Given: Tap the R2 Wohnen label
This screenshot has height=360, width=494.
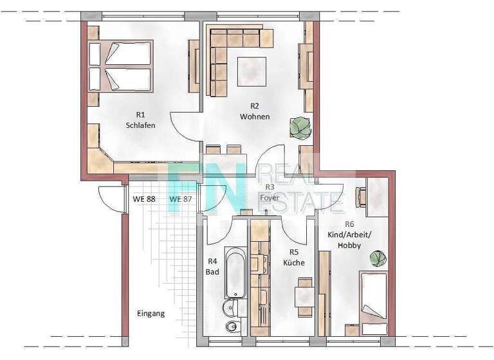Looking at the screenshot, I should point(254,111).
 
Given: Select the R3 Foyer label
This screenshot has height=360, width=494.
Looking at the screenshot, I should point(269,193).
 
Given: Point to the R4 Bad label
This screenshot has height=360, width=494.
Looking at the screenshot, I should point(213,267).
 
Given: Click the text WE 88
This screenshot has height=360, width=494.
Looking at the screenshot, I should point(144,199).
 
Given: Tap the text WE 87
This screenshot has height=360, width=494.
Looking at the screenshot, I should point(181,199).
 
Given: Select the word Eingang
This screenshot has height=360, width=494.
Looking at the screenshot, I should point(151,314).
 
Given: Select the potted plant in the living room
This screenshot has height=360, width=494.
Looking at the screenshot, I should point(300,127).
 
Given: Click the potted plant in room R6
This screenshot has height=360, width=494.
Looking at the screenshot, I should point(378,258).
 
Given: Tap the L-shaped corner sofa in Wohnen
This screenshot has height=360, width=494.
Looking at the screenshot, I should point(225,55).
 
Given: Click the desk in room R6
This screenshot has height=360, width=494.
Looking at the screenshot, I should point(376,197).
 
